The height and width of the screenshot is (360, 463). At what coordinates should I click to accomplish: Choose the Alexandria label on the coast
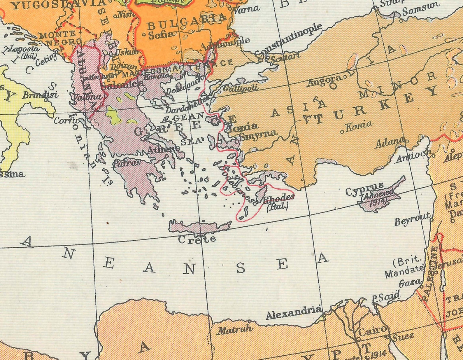[294, 313]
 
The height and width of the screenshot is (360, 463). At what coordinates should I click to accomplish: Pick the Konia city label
[359, 126]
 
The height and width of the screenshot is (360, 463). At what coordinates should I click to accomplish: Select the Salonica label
[122, 85]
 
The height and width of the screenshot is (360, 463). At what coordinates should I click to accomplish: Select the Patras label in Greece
[127, 163]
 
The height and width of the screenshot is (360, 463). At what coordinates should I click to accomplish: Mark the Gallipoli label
[241, 88]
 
